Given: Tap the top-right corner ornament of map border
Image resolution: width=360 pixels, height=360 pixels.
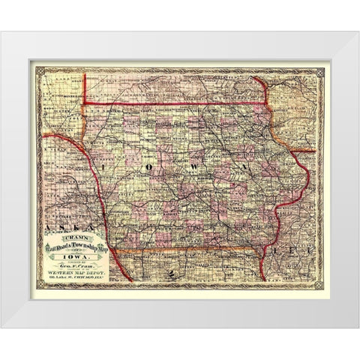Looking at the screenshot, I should point(319,71).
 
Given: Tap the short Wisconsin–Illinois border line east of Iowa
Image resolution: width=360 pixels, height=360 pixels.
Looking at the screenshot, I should point(304,151).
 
